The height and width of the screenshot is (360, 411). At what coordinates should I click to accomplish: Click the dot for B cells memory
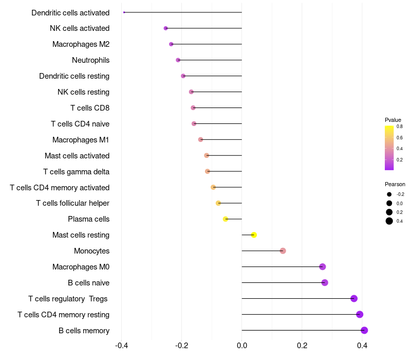click(364, 330)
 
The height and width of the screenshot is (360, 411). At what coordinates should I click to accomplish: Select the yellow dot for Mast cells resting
click(254, 235)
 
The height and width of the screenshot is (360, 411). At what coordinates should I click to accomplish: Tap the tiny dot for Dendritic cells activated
click(124, 12)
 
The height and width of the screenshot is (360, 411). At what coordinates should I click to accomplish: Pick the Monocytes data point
click(283, 251)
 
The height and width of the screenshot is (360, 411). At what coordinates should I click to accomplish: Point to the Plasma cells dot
click(226, 219)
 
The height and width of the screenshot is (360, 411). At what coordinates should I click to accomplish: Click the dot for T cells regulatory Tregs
click(354, 298)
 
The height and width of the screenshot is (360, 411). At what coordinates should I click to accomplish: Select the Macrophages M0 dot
click(323, 266)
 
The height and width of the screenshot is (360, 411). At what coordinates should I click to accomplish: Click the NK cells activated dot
click(165, 28)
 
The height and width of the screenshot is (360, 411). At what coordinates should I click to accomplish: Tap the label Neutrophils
click(91, 60)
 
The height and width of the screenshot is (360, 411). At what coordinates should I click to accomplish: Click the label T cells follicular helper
click(72, 203)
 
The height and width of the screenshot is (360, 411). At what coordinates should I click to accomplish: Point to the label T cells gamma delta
click(76, 172)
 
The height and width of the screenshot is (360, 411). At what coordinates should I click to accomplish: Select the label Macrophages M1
click(81, 139)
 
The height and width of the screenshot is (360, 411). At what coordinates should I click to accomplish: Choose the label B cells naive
click(88, 282)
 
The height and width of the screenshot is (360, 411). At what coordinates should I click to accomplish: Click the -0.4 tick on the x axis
click(121, 345)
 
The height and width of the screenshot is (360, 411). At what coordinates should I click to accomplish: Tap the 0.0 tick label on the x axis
click(241, 345)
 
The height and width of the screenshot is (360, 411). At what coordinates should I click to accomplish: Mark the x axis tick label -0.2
click(182, 345)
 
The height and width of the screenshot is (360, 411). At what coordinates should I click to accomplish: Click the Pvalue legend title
click(393, 120)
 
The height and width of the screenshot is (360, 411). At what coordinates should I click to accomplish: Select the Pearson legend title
click(395, 184)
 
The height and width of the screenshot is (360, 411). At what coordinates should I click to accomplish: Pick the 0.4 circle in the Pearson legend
click(389, 221)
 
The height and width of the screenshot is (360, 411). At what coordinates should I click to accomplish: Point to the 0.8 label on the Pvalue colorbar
click(400, 127)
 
